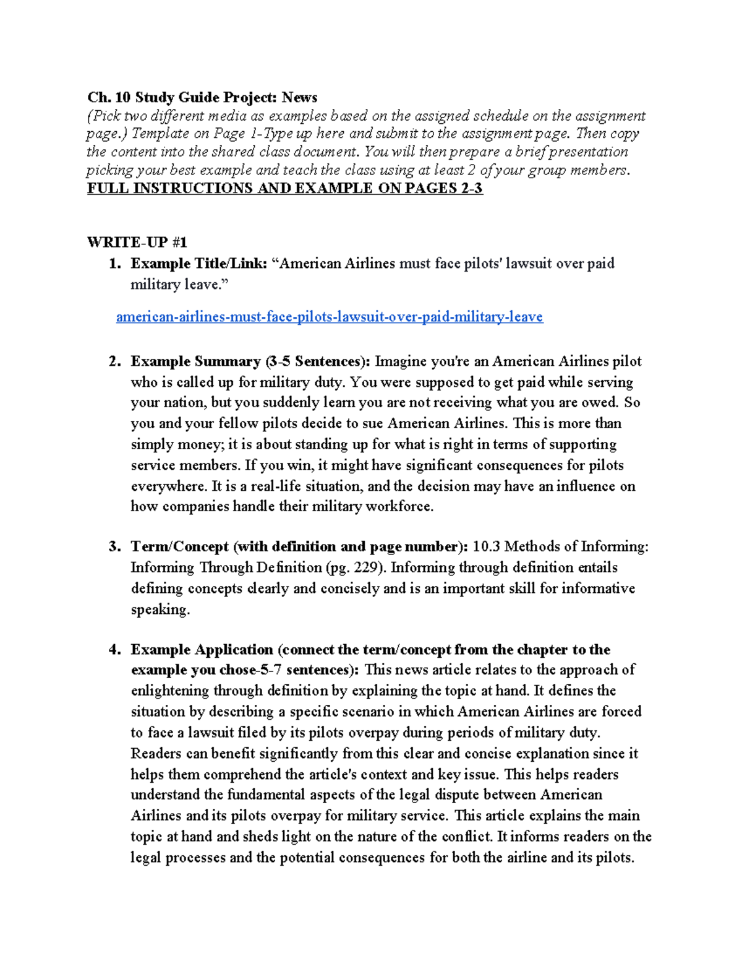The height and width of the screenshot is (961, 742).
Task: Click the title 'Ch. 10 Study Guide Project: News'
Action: (x=202, y=97)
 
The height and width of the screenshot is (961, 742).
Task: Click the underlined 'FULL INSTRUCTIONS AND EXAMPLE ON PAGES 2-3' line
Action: (x=284, y=188)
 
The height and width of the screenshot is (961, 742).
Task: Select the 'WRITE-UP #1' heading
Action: (x=137, y=242)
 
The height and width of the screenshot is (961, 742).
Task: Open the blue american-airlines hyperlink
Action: (x=329, y=317)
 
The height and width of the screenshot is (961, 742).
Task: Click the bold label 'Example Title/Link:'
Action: (x=198, y=264)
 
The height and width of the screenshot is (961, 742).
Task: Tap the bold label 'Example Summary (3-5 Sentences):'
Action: (x=250, y=361)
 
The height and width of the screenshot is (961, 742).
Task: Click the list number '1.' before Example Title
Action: (x=114, y=264)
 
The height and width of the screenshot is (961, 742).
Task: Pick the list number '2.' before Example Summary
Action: (x=114, y=361)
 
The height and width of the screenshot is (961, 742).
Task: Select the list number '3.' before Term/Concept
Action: (x=114, y=546)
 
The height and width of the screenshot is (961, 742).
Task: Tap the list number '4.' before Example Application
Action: (x=114, y=650)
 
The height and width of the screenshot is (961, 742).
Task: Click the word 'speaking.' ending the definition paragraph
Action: (x=160, y=610)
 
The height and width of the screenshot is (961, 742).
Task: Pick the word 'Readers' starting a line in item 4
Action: (x=156, y=754)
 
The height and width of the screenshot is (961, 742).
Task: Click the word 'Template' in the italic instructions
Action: (x=161, y=134)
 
